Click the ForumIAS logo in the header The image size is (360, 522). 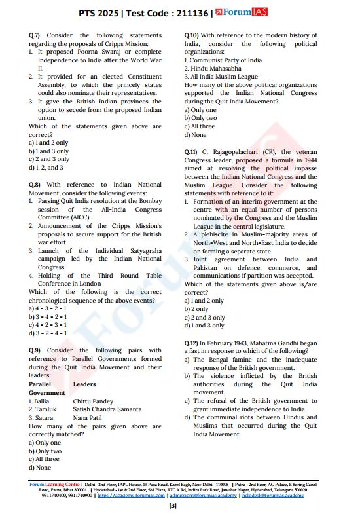[x=246, y=12]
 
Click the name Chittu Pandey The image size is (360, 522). [x=93, y=401]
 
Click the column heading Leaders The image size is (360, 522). [x=84, y=384]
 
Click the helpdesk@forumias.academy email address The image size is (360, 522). [x=272, y=496]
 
